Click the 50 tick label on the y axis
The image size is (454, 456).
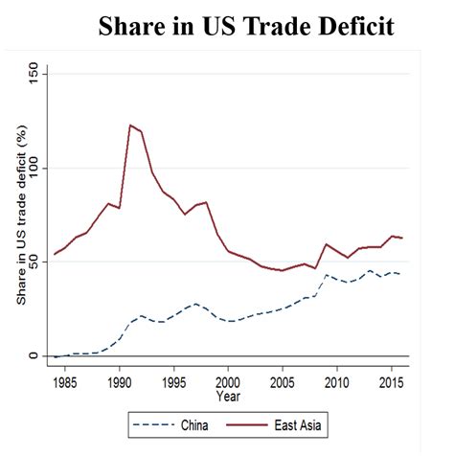(35, 262)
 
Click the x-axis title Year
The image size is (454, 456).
(228, 395)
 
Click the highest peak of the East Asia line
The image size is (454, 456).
(130, 125)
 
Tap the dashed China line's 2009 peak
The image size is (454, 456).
(326, 276)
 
